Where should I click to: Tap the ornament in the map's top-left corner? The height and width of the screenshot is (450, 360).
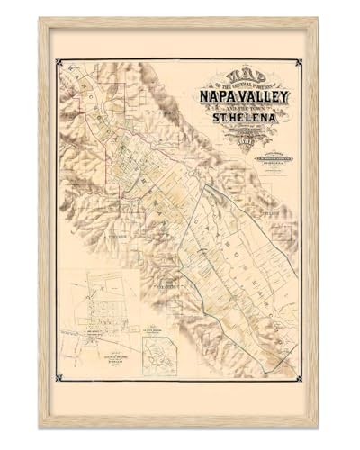pos(59,62)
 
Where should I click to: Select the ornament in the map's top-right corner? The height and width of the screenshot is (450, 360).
pos(299,62)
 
